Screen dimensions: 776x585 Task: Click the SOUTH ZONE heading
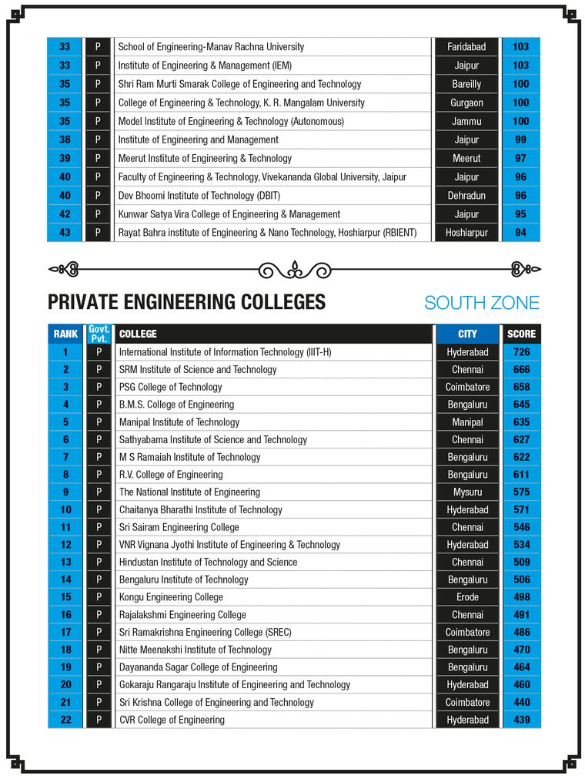[482, 303]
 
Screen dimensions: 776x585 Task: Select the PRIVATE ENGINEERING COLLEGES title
[186, 302]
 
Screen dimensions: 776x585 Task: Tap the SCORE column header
[521, 334]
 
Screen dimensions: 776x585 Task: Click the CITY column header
[467, 334]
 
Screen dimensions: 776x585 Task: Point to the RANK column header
[65, 334]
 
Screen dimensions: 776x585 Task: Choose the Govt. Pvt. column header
[99, 334]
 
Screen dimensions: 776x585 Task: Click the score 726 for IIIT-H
[521, 352]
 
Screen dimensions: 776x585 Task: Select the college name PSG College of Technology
[170, 387]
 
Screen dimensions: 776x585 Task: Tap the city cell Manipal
[467, 422]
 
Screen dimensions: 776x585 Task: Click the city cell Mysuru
[467, 492]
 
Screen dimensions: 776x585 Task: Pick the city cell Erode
[467, 597]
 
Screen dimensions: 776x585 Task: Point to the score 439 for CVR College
[521, 720]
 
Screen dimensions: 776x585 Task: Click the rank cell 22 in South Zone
[65, 720]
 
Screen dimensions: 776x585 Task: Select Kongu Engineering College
[171, 597]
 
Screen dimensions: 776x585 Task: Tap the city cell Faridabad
[466, 47]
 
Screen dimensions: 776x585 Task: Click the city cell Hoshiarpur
[466, 233]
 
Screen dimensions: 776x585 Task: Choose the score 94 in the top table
[521, 233]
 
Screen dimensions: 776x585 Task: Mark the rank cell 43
[65, 233]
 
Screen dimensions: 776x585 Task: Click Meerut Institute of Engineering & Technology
[205, 158]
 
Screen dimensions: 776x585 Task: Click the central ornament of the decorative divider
[294, 270]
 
